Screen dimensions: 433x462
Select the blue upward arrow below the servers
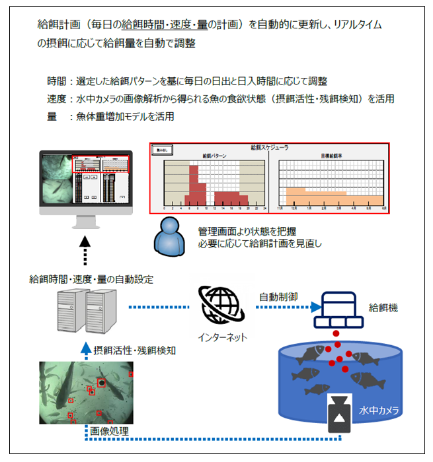tap(84, 348)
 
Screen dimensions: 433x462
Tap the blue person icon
tap(169, 238)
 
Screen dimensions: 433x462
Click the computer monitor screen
tap(85, 180)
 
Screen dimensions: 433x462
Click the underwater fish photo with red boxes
tap(87, 393)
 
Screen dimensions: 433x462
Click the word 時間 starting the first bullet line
tap(56, 81)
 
